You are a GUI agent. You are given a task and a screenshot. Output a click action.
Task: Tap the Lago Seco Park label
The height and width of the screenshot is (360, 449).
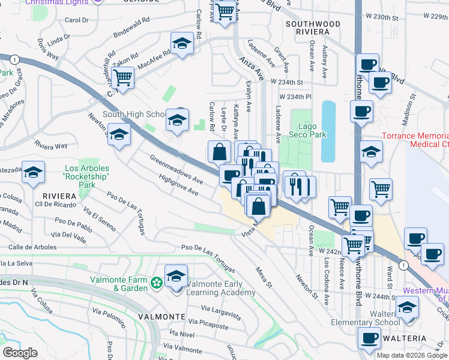(313, 130)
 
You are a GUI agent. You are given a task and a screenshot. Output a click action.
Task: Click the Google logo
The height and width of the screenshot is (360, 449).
(20, 352)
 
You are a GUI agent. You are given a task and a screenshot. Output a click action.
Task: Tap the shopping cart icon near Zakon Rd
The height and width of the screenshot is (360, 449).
(122, 77)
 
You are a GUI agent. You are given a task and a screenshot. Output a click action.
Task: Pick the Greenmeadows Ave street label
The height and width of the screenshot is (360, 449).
(176, 170)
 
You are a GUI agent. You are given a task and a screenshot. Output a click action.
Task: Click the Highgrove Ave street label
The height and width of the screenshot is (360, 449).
(178, 185)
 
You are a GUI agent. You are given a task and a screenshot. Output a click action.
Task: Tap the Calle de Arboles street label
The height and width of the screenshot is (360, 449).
(32, 247)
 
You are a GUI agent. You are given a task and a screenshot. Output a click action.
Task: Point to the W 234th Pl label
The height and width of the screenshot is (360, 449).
(295, 96)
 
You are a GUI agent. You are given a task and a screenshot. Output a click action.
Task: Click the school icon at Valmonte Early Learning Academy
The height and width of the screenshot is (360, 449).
(176, 277)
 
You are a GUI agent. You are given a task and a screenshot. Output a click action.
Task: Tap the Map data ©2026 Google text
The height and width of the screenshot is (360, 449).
(411, 355)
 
